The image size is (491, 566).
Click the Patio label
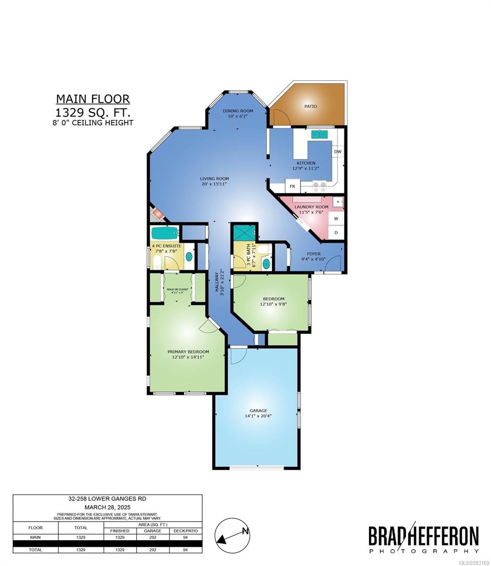click(x=310, y=106)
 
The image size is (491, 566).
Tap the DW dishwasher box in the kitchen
click(x=338, y=152)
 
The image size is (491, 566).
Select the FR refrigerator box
click(x=292, y=186)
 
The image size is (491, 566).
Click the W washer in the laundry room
click(x=336, y=218)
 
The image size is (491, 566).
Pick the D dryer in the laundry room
click(x=336, y=233)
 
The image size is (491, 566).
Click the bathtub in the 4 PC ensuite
click(x=165, y=233)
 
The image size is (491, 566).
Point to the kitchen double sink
click(x=320, y=134)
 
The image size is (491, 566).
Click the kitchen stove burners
click(x=320, y=186)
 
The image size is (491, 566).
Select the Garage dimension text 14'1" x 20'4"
click(x=258, y=416)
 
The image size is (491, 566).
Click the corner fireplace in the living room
click(x=157, y=215)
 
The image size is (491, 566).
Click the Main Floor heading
click(x=93, y=99)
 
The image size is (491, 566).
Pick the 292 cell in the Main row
click(x=152, y=537)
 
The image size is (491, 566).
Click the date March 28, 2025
click(x=107, y=507)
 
